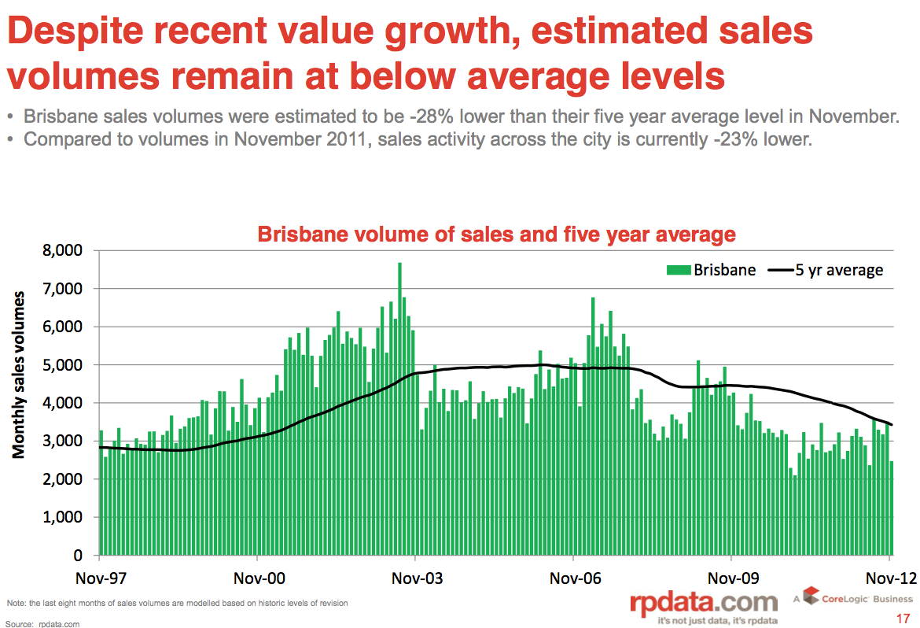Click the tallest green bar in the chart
coord(399,409)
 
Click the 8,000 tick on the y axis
coord(64,251)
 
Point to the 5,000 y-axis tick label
coord(64,365)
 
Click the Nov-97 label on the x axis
coord(101,578)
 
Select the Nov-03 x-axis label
coord(417,578)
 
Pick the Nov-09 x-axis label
coord(733,578)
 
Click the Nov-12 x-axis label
coord(891,578)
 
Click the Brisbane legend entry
coord(712,270)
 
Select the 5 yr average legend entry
coord(826,270)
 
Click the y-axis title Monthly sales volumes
coord(19,374)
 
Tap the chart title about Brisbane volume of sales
coord(496,235)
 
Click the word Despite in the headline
coord(79,32)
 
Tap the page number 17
coord(903,618)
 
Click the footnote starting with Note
coord(177,603)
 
